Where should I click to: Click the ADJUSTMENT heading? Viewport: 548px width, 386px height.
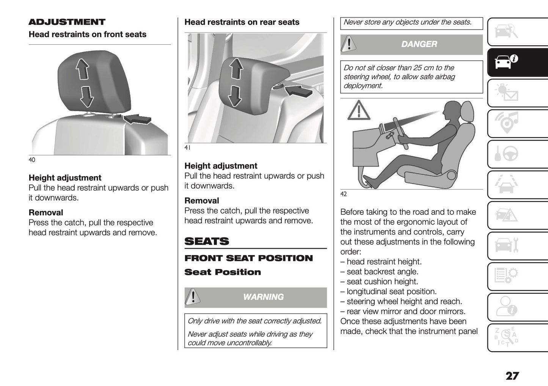67,22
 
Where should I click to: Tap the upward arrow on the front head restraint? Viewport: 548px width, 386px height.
82,69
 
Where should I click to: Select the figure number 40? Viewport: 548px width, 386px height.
32,160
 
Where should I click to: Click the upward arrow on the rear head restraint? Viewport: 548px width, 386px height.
236,68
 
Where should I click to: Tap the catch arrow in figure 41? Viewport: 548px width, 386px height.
298,91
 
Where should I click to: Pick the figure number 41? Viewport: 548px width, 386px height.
187,148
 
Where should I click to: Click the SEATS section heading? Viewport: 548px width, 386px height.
207,241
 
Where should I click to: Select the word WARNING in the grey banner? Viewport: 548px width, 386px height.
263,297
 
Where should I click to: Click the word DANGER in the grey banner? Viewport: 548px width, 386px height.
419,44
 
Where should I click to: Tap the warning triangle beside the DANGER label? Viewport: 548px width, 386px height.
348,44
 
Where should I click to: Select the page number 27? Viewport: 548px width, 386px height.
512,376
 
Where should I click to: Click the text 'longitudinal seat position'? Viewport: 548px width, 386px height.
391,292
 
